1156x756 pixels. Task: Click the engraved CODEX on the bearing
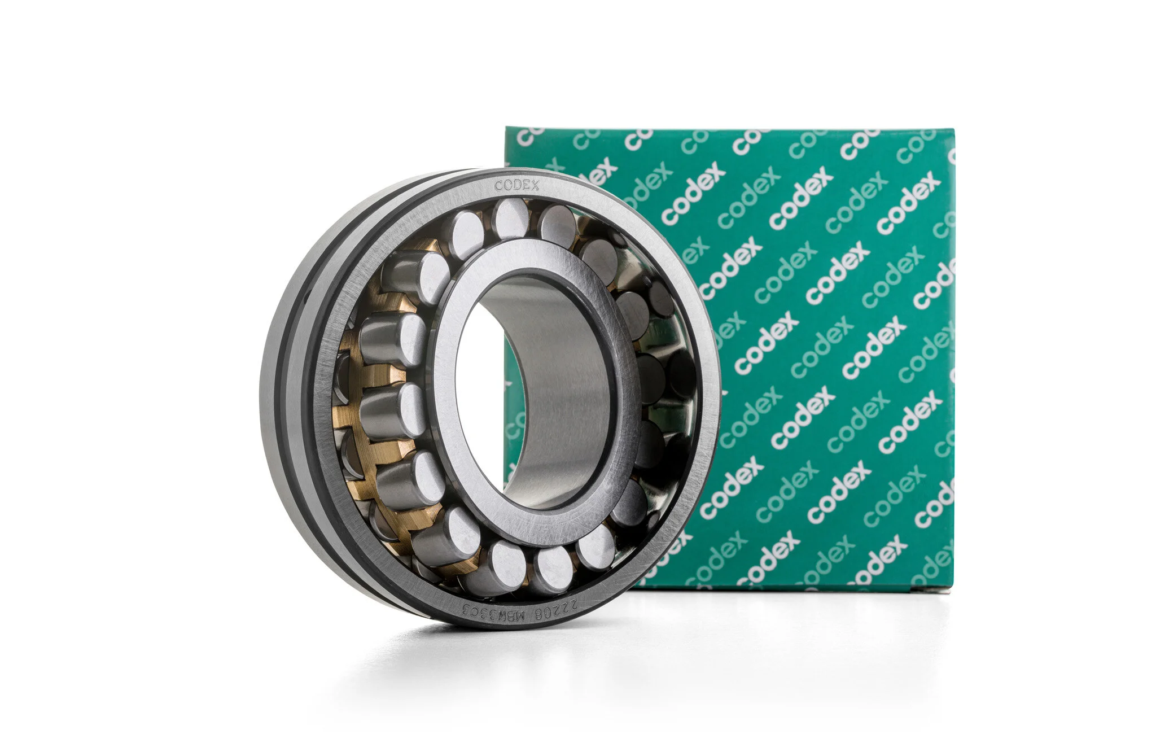pos(516,185)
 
